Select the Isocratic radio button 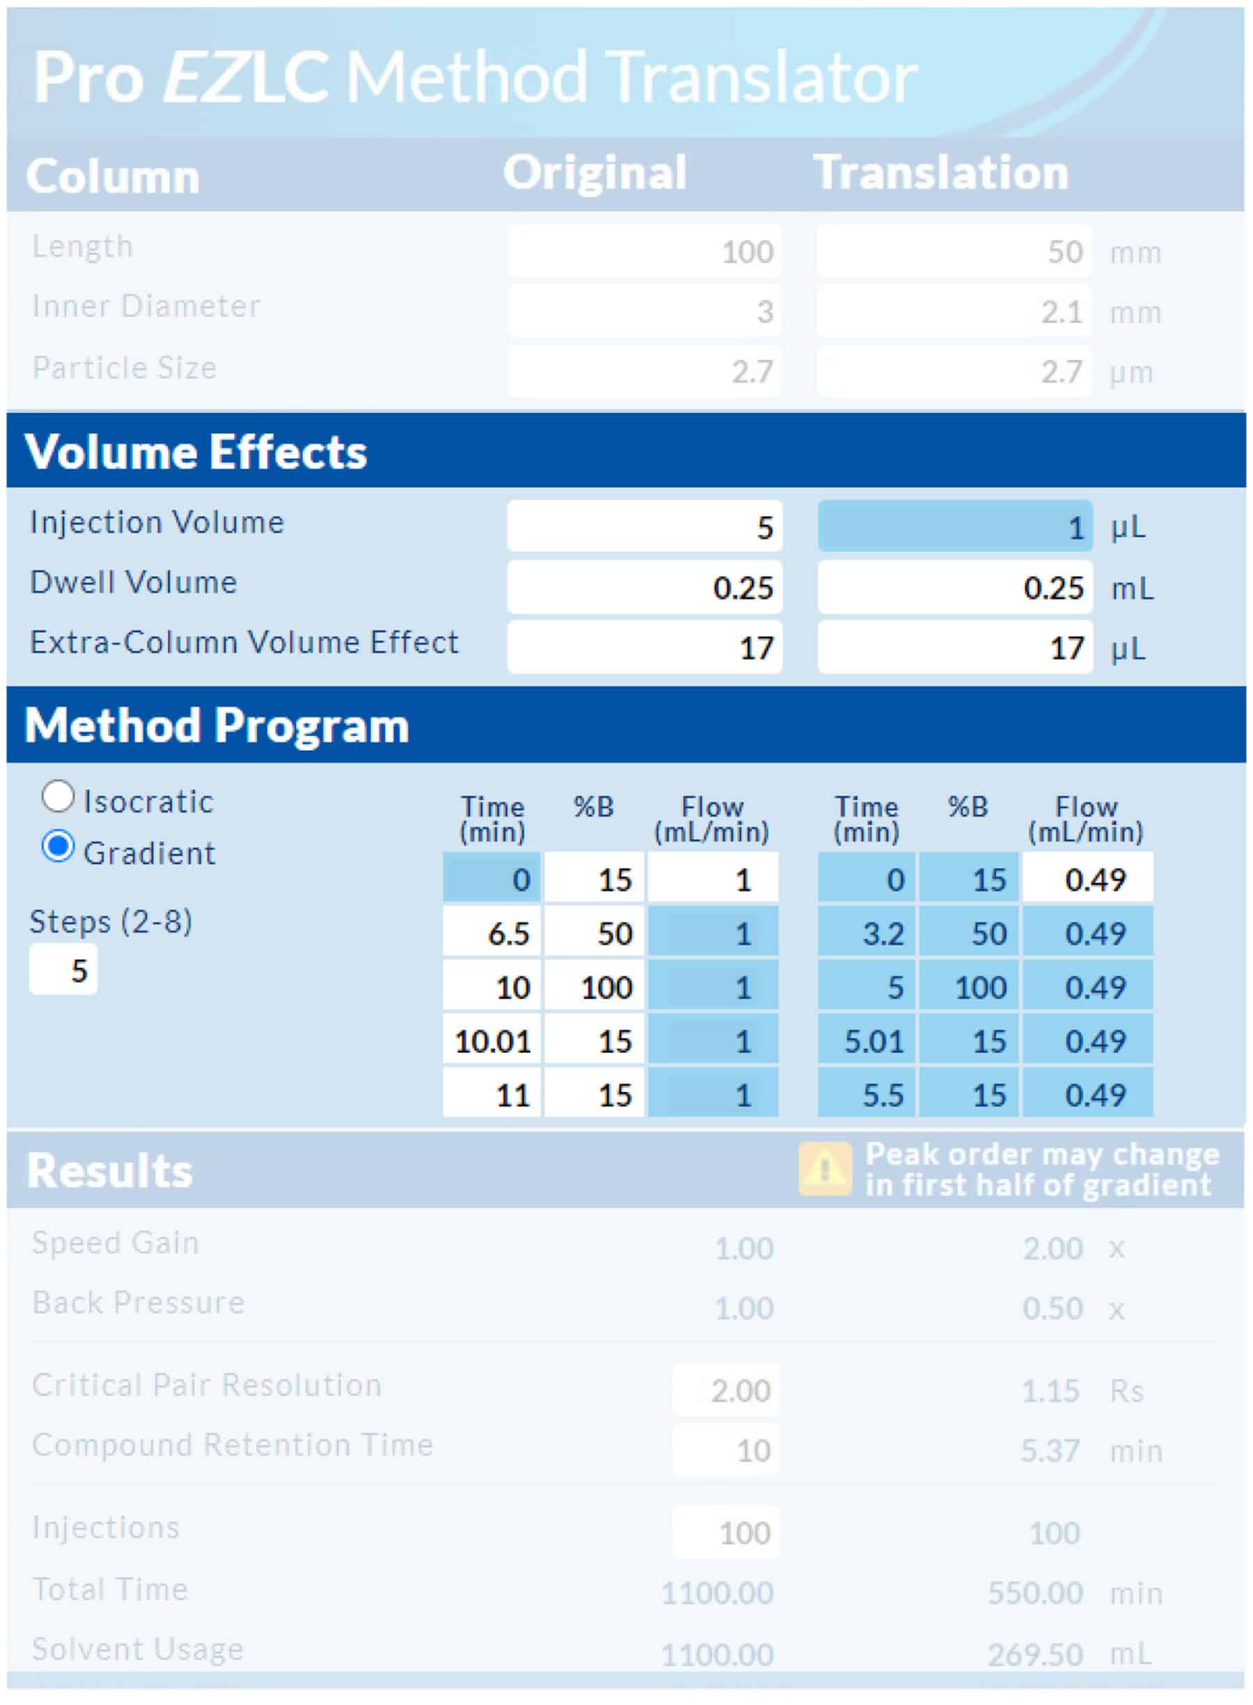pos(58,797)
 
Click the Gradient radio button pos(58,847)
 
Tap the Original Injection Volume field pos(644,526)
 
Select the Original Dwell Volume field pos(644,586)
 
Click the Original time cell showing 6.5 pos(492,933)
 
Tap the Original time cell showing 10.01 pos(492,1041)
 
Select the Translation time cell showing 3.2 pos(867,933)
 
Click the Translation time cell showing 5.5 pos(867,1094)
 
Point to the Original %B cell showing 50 pos(594,933)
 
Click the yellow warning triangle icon pos(824,1169)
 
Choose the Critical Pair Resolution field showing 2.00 pos(725,1390)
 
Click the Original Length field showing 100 pos(644,251)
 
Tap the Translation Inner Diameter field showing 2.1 pos(954,311)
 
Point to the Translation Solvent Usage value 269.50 pos(1034,1654)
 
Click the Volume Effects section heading pos(196,451)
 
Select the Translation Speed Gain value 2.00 pos(1052,1248)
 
